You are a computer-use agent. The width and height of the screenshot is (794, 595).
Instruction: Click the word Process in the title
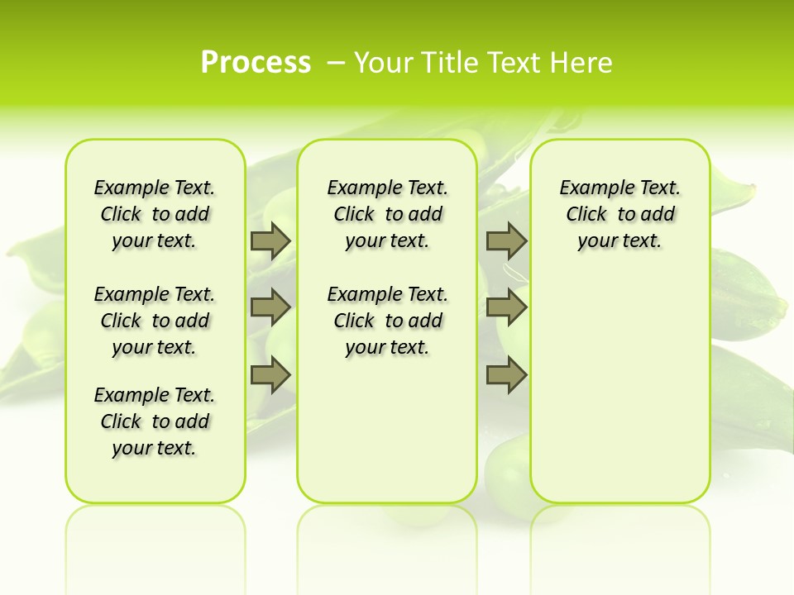(256, 63)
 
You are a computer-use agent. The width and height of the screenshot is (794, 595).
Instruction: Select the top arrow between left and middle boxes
(270, 240)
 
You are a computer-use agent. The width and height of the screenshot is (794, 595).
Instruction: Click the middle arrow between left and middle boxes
(270, 307)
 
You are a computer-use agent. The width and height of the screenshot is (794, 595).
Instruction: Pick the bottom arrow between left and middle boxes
(270, 375)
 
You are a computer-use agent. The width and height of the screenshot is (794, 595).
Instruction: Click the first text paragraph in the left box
(155, 214)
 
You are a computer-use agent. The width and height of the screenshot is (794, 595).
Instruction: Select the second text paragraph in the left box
(155, 321)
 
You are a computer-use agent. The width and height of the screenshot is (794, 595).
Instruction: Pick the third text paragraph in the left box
(155, 421)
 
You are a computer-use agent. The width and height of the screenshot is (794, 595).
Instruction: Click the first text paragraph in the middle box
(388, 214)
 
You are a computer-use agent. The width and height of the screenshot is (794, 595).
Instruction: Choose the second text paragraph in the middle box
(388, 321)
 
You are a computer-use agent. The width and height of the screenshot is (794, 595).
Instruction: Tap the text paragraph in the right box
(620, 214)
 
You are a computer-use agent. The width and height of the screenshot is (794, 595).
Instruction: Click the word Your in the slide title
(383, 63)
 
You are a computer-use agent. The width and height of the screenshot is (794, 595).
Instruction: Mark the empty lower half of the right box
(620, 388)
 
